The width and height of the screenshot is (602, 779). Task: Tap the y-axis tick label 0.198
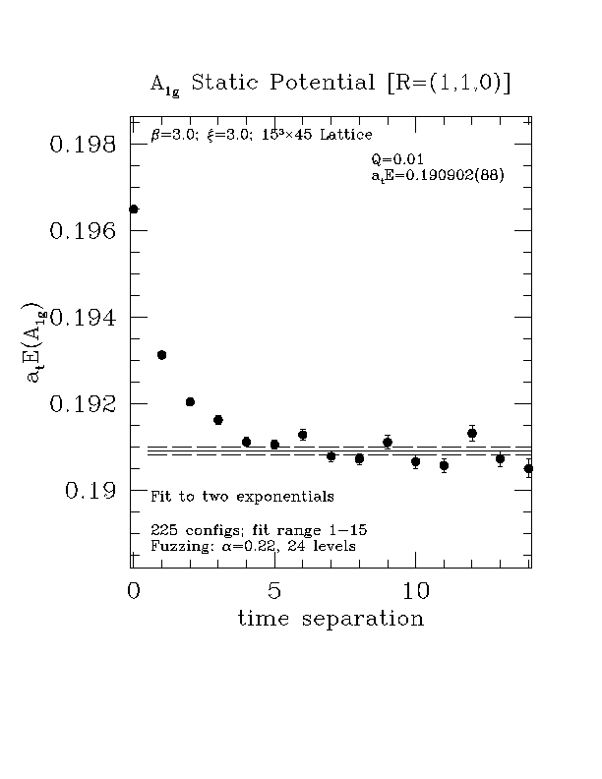[x=82, y=145]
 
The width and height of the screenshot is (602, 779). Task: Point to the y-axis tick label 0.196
[x=82, y=231]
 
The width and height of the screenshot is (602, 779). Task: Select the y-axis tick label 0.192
[x=82, y=404]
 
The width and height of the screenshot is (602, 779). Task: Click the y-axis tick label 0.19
[x=91, y=491]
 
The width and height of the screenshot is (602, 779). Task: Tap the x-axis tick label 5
[x=274, y=591]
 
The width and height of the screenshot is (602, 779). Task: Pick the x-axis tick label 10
[x=417, y=591]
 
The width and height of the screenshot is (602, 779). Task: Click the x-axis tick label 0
[x=133, y=591]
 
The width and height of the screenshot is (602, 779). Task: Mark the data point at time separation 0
[x=134, y=210]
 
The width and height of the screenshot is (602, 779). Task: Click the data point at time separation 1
[x=162, y=355]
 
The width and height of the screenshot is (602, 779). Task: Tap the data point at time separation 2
[x=191, y=402]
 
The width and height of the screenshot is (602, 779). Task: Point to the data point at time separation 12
[x=472, y=433]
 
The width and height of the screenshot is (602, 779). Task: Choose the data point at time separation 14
[x=528, y=468]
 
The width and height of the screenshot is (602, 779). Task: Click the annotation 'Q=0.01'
[x=398, y=159]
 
